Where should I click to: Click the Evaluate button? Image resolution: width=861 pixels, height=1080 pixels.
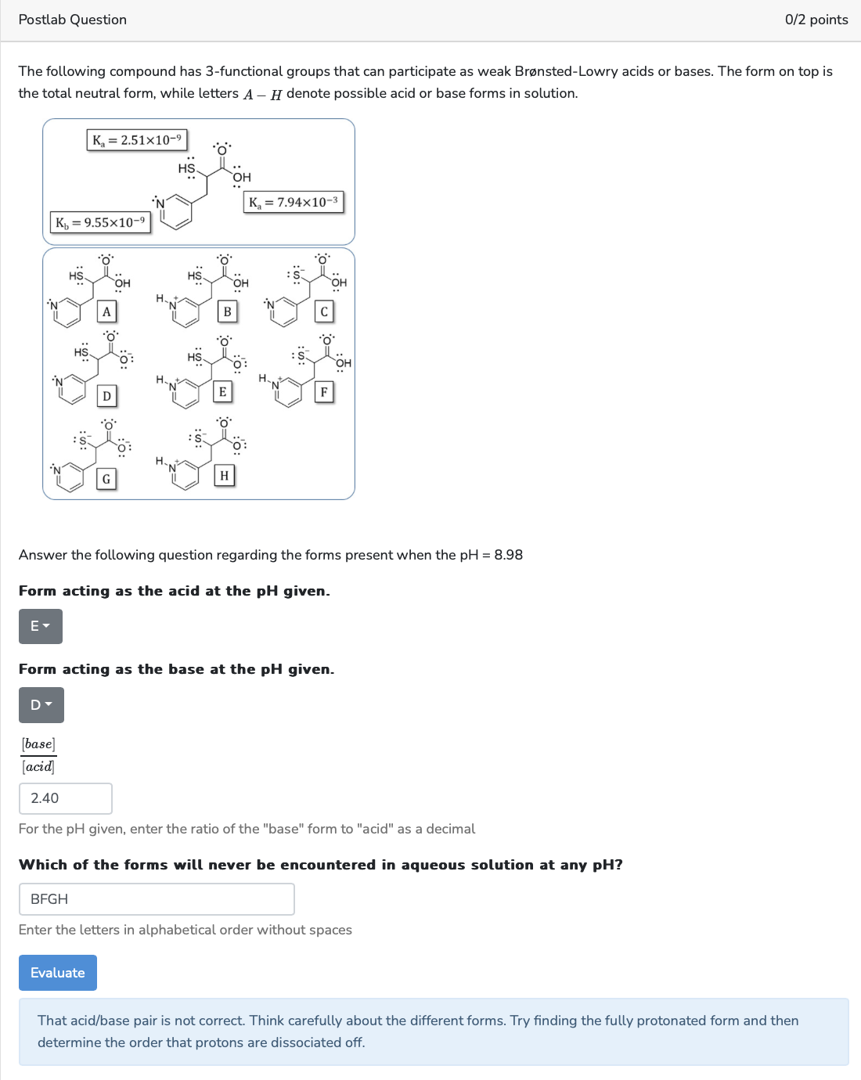(57, 973)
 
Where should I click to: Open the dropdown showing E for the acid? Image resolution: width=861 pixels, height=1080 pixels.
(40, 626)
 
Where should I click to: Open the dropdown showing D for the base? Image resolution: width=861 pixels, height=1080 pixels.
(41, 705)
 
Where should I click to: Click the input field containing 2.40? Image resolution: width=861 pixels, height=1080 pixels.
(65, 798)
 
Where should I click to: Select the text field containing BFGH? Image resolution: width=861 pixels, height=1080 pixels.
(157, 899)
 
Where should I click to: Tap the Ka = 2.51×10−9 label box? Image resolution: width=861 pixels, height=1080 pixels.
(137, 140)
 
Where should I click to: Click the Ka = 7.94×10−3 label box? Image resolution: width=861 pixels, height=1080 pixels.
(294, 202)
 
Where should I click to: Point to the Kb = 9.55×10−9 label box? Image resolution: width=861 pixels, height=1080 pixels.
(100, 222)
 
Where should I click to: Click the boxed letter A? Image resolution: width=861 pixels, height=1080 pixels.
(106, 311)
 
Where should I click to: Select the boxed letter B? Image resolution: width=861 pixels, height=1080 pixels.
(227, 311)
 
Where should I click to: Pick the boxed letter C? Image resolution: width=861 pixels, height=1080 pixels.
(324, 311)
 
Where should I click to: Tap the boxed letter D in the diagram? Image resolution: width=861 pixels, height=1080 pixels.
(106, 396)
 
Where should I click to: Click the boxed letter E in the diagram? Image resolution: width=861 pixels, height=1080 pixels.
(223, 392)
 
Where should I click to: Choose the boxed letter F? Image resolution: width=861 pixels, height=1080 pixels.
(324, 392)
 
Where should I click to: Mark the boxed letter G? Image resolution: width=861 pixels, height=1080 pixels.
(106, 479)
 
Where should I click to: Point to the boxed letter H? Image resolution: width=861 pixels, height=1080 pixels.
(225, 475)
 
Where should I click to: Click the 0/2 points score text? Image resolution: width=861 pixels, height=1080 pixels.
(816, 20)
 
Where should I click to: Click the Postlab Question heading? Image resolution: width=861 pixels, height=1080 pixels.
(72, 20)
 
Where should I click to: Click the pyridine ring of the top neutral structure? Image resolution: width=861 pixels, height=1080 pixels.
(178, 212)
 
